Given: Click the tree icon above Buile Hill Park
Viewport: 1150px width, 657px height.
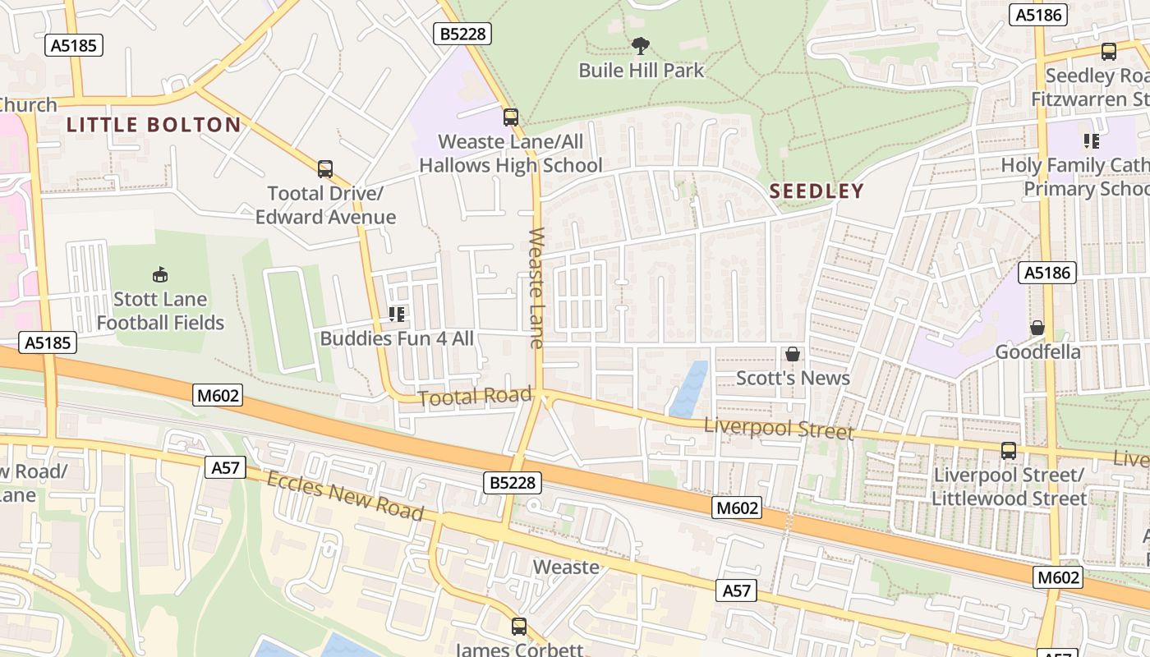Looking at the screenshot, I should click(x=640, y=46).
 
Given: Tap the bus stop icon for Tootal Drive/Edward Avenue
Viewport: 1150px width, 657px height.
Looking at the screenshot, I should click(x=325, y=169).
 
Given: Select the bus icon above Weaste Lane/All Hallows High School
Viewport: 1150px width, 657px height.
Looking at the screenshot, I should click(x=511, y=117).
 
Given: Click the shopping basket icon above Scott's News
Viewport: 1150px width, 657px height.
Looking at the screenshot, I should click(x=793, y=354).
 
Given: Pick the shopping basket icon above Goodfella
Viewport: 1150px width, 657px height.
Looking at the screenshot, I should click(x=1037, y=328).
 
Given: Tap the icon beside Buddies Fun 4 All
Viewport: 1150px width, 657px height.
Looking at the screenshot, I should click(x=397, y=314).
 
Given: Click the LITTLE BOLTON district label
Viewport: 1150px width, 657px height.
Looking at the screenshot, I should click(x=154, y=125).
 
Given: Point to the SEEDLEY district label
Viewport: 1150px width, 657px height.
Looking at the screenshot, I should click(x=816, y=191).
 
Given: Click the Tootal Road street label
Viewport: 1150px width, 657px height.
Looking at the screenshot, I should click(x=475, y=397).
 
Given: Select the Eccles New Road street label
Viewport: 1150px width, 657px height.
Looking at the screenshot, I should click(x=345, y=495).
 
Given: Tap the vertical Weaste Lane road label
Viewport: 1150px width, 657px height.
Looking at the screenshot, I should click(x=536, y=287).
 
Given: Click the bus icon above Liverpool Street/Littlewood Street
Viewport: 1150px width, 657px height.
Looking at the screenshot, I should click(x=1008, y=451).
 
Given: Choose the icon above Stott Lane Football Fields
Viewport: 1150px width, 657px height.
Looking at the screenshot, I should click(x=160, y=274).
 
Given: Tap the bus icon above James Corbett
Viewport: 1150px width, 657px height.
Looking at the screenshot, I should click(x=518, y=627).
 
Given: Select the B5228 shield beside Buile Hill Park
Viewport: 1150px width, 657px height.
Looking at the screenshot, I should click(x=462, y=34).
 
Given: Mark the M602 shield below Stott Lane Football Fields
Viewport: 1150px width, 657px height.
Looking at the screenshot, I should click(x=218, y=395).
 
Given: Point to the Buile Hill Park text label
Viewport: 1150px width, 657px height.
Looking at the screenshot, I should click(x=641, y=70).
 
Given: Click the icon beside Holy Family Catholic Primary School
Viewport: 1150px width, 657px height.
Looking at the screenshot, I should click(x=1092, y=141).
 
